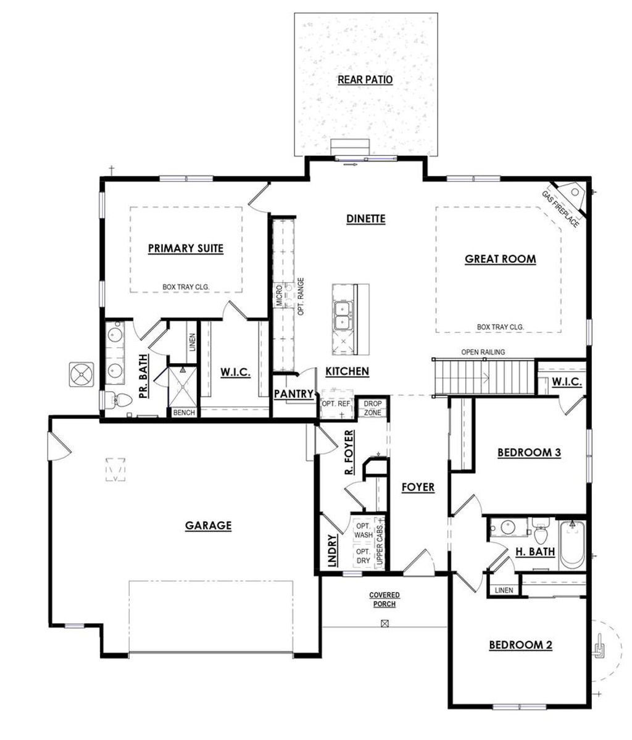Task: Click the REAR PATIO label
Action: (x=365, y=80)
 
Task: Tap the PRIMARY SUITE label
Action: (x=186, y=248)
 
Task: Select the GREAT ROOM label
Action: (x=500, y=259)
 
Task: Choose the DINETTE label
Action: (x=365, y=219)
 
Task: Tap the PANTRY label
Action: (x=294, y=394)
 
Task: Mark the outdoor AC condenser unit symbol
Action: (x=82, y=374)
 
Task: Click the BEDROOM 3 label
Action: (x=529, y=453)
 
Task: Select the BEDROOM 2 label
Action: (x=520, y=645)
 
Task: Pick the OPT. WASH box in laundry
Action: (x=363, y=530)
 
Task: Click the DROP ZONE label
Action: (x=372, y=408)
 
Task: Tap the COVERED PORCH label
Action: (x=385, y=599)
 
